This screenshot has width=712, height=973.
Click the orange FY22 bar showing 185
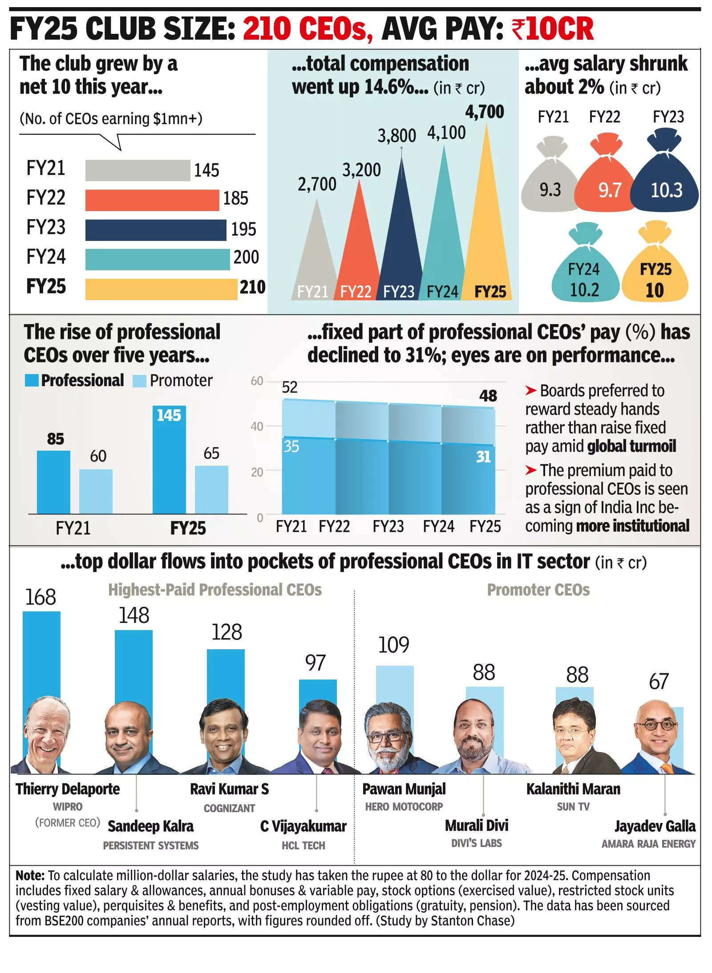(152, 200)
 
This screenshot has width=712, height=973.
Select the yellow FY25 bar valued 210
(161, 289)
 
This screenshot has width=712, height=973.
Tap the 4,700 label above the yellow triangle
(484, 112)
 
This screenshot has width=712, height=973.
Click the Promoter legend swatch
(139, 381)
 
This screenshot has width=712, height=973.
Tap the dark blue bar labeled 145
(169, 459)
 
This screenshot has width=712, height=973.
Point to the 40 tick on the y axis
(257, 426)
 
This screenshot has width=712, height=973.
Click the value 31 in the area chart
(483, 456)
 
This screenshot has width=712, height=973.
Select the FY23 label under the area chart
(388, 526)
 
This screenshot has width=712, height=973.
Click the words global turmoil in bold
(631, 446)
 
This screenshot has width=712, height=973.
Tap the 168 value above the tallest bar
(40, 597)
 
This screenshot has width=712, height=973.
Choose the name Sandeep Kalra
(150, 826)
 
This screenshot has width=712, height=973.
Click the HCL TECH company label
(303, 845)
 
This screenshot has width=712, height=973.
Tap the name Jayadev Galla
(655, 826)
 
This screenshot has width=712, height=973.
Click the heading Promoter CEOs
(538, 590)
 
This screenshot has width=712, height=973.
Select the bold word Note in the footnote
(29, 875)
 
